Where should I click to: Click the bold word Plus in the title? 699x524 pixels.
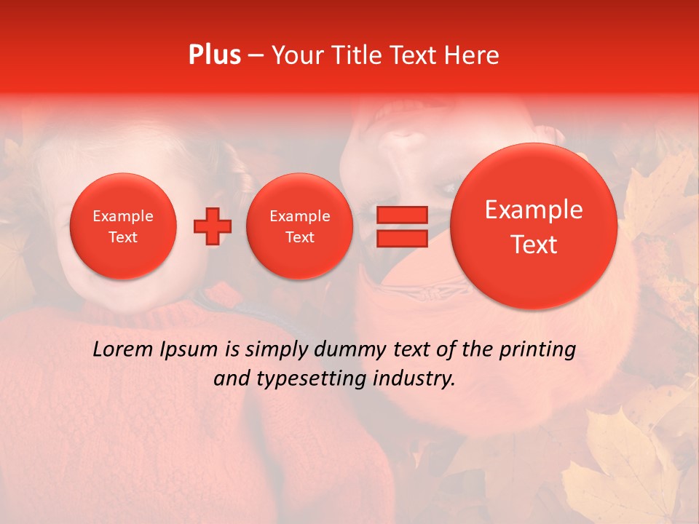(x=214, y=55)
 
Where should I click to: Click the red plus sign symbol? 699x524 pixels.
(x=212, y=226)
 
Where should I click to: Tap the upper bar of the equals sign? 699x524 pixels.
(x=401, y=215)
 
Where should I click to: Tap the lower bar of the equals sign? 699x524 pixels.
(x=401, y=238)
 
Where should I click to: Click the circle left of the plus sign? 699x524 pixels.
(x=123, y=226)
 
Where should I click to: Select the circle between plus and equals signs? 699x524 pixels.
(x=299, y=226)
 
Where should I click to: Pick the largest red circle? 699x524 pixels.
(x=534, y=226)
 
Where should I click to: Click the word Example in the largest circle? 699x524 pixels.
(x=534, y=210)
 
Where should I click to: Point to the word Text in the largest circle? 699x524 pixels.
(x=534, y=245)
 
